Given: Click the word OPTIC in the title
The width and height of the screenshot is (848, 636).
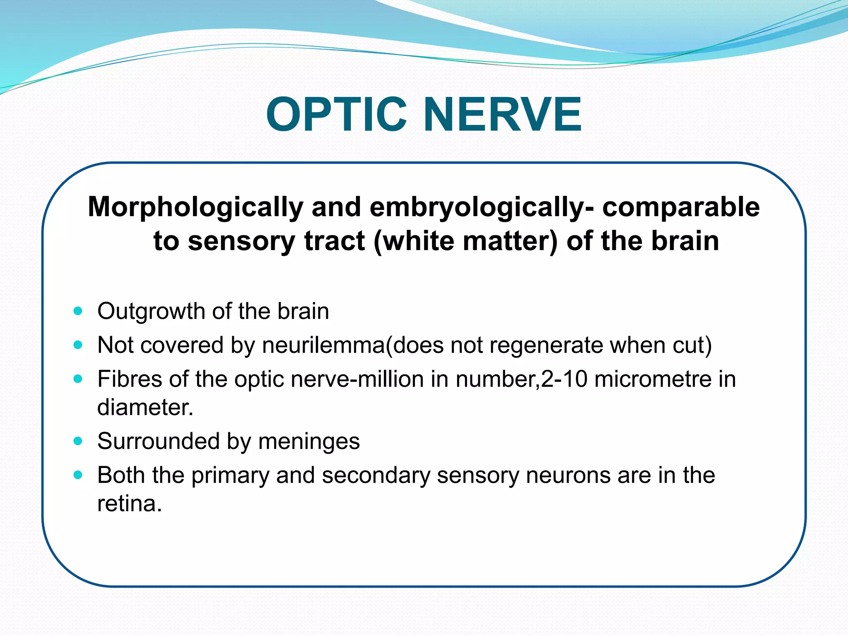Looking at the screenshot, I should (336, 114).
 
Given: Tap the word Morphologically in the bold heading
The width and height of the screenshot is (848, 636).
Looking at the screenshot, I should (195, 207).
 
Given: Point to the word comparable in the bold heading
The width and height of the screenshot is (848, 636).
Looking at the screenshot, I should (681, 207).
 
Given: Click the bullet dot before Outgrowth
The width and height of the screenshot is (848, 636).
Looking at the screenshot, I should (78, 311).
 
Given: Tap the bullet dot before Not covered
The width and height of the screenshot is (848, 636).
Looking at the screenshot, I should (78, 345).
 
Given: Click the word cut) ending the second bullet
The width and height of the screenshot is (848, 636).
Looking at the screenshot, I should (692, 345).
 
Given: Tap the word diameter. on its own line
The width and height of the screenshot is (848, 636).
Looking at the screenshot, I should (145, 407).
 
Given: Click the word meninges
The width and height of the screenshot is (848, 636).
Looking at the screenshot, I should (309, 441).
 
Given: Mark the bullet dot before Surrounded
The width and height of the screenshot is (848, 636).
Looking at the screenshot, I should (78, 441).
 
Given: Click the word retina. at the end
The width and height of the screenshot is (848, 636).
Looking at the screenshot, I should (129, 504).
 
